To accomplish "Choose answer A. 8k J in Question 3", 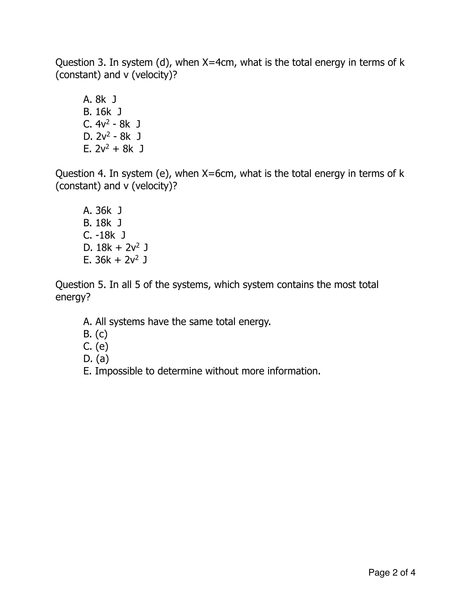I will [100, 99].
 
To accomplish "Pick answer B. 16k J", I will [102, 112].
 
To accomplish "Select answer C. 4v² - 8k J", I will [112, 124].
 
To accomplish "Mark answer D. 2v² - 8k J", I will [112, 136].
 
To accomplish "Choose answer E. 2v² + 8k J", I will [113, 149].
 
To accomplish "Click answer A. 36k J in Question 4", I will [102, 210].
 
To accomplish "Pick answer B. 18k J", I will [102, 223].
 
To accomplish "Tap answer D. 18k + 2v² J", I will [115, 248].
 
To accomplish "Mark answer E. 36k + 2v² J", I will [115, 260].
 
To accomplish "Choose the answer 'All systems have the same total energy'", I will [177, 322].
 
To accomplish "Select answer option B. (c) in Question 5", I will [95, 334].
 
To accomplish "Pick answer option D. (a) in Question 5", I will [96, 359].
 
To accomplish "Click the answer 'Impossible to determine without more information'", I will [202, 371].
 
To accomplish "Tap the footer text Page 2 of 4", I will [392, 572].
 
